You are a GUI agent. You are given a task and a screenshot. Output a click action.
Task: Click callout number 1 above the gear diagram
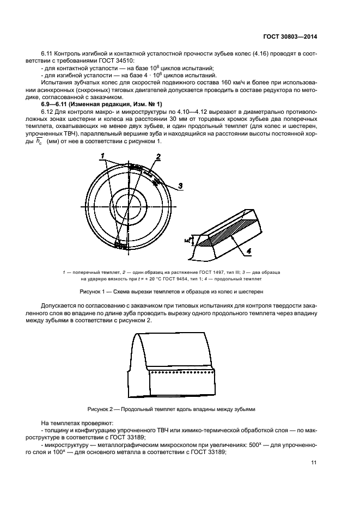tap(102, 157)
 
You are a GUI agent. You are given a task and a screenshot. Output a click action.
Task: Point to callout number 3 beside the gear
tap(180, 185)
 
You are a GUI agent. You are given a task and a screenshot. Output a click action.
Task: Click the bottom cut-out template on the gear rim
tap(120, 246)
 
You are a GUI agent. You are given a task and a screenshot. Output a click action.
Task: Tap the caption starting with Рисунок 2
tap(172, 408)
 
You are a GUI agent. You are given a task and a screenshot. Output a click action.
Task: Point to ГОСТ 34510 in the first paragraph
tap(121, 60)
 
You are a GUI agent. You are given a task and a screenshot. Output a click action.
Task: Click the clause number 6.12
tap(48, 111)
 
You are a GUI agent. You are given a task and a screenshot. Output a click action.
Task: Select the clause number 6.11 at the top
tap(48, 53)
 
